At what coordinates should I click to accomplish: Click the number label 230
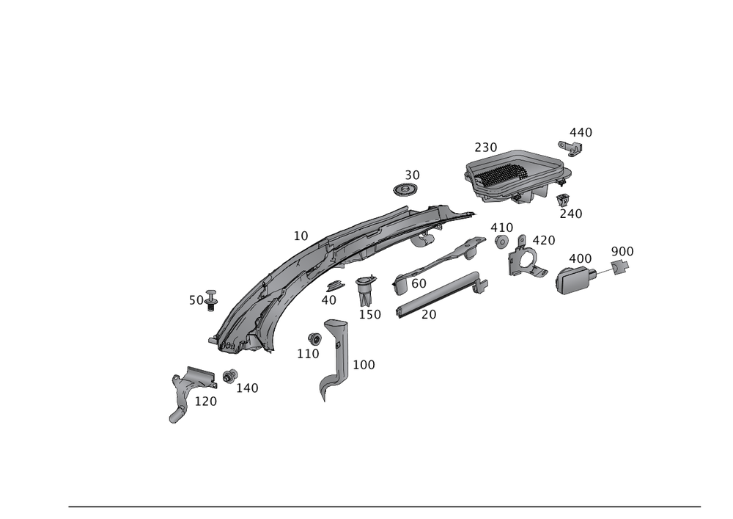click(x=485, y=147)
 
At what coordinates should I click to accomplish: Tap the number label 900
click(x=622, y=252)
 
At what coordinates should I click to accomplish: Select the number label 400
click(x=580, y=259)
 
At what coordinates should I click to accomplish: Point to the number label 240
click(x=570, y=213)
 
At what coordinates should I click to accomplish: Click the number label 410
click(x=501, y=227)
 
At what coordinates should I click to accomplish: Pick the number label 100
click(x=364, y=364)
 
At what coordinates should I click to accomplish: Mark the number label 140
click(x=248, y=388)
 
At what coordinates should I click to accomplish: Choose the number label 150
click(x=370, y=314)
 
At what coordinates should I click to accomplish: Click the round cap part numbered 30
click(x=404, y=191)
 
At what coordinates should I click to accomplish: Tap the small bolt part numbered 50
click(x=211, y=297)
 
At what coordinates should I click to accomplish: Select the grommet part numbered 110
click(x=315, y=338)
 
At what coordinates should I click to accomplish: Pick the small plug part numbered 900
click(x=619, y=269)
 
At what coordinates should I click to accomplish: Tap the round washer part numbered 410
click(x=502, y=242)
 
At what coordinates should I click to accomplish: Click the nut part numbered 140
click(x=229, y=377)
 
